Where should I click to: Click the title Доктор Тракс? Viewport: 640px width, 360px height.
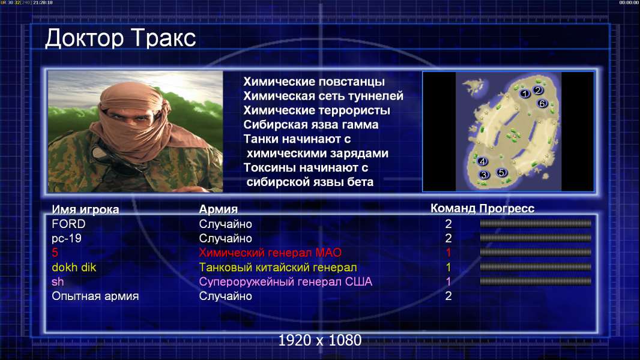click(x=121, y=38)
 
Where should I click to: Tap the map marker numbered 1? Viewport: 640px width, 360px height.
click(x=525, y=94)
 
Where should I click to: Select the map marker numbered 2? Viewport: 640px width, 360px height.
click(x=538, y=90)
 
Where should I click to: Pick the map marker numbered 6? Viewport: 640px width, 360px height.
click(x=542, y=104)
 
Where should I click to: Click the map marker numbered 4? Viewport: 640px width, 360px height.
click(x=483, y=161)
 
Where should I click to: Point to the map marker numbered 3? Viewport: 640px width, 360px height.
click(x=484, y=175)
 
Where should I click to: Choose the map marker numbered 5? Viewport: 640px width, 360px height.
click(x=502, y=172)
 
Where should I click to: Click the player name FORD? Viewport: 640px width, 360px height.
click(x=68, y=224)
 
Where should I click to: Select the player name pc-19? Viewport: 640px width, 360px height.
click(x=67, y=239)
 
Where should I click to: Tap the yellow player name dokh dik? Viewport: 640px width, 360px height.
click(x=74, y=268)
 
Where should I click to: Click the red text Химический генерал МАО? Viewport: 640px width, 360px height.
click(x=270, y=253)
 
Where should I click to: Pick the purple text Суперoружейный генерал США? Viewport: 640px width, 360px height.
click(x=286, y=282)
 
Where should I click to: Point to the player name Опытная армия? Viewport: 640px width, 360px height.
click(x=95, y=296)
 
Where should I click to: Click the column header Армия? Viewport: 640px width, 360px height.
click(x=219, y=209)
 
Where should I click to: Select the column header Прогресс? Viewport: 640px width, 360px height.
click(x=507, y=209)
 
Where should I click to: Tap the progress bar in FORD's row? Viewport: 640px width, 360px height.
click(x=536, y=223)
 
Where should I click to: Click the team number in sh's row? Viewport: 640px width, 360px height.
click(x=448, y=282)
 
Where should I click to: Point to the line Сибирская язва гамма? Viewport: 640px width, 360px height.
click(x=311, y=125)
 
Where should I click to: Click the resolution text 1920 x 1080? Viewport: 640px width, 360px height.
click(x=320, y=340)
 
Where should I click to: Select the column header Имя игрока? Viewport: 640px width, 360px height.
click(x=85, y=209)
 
